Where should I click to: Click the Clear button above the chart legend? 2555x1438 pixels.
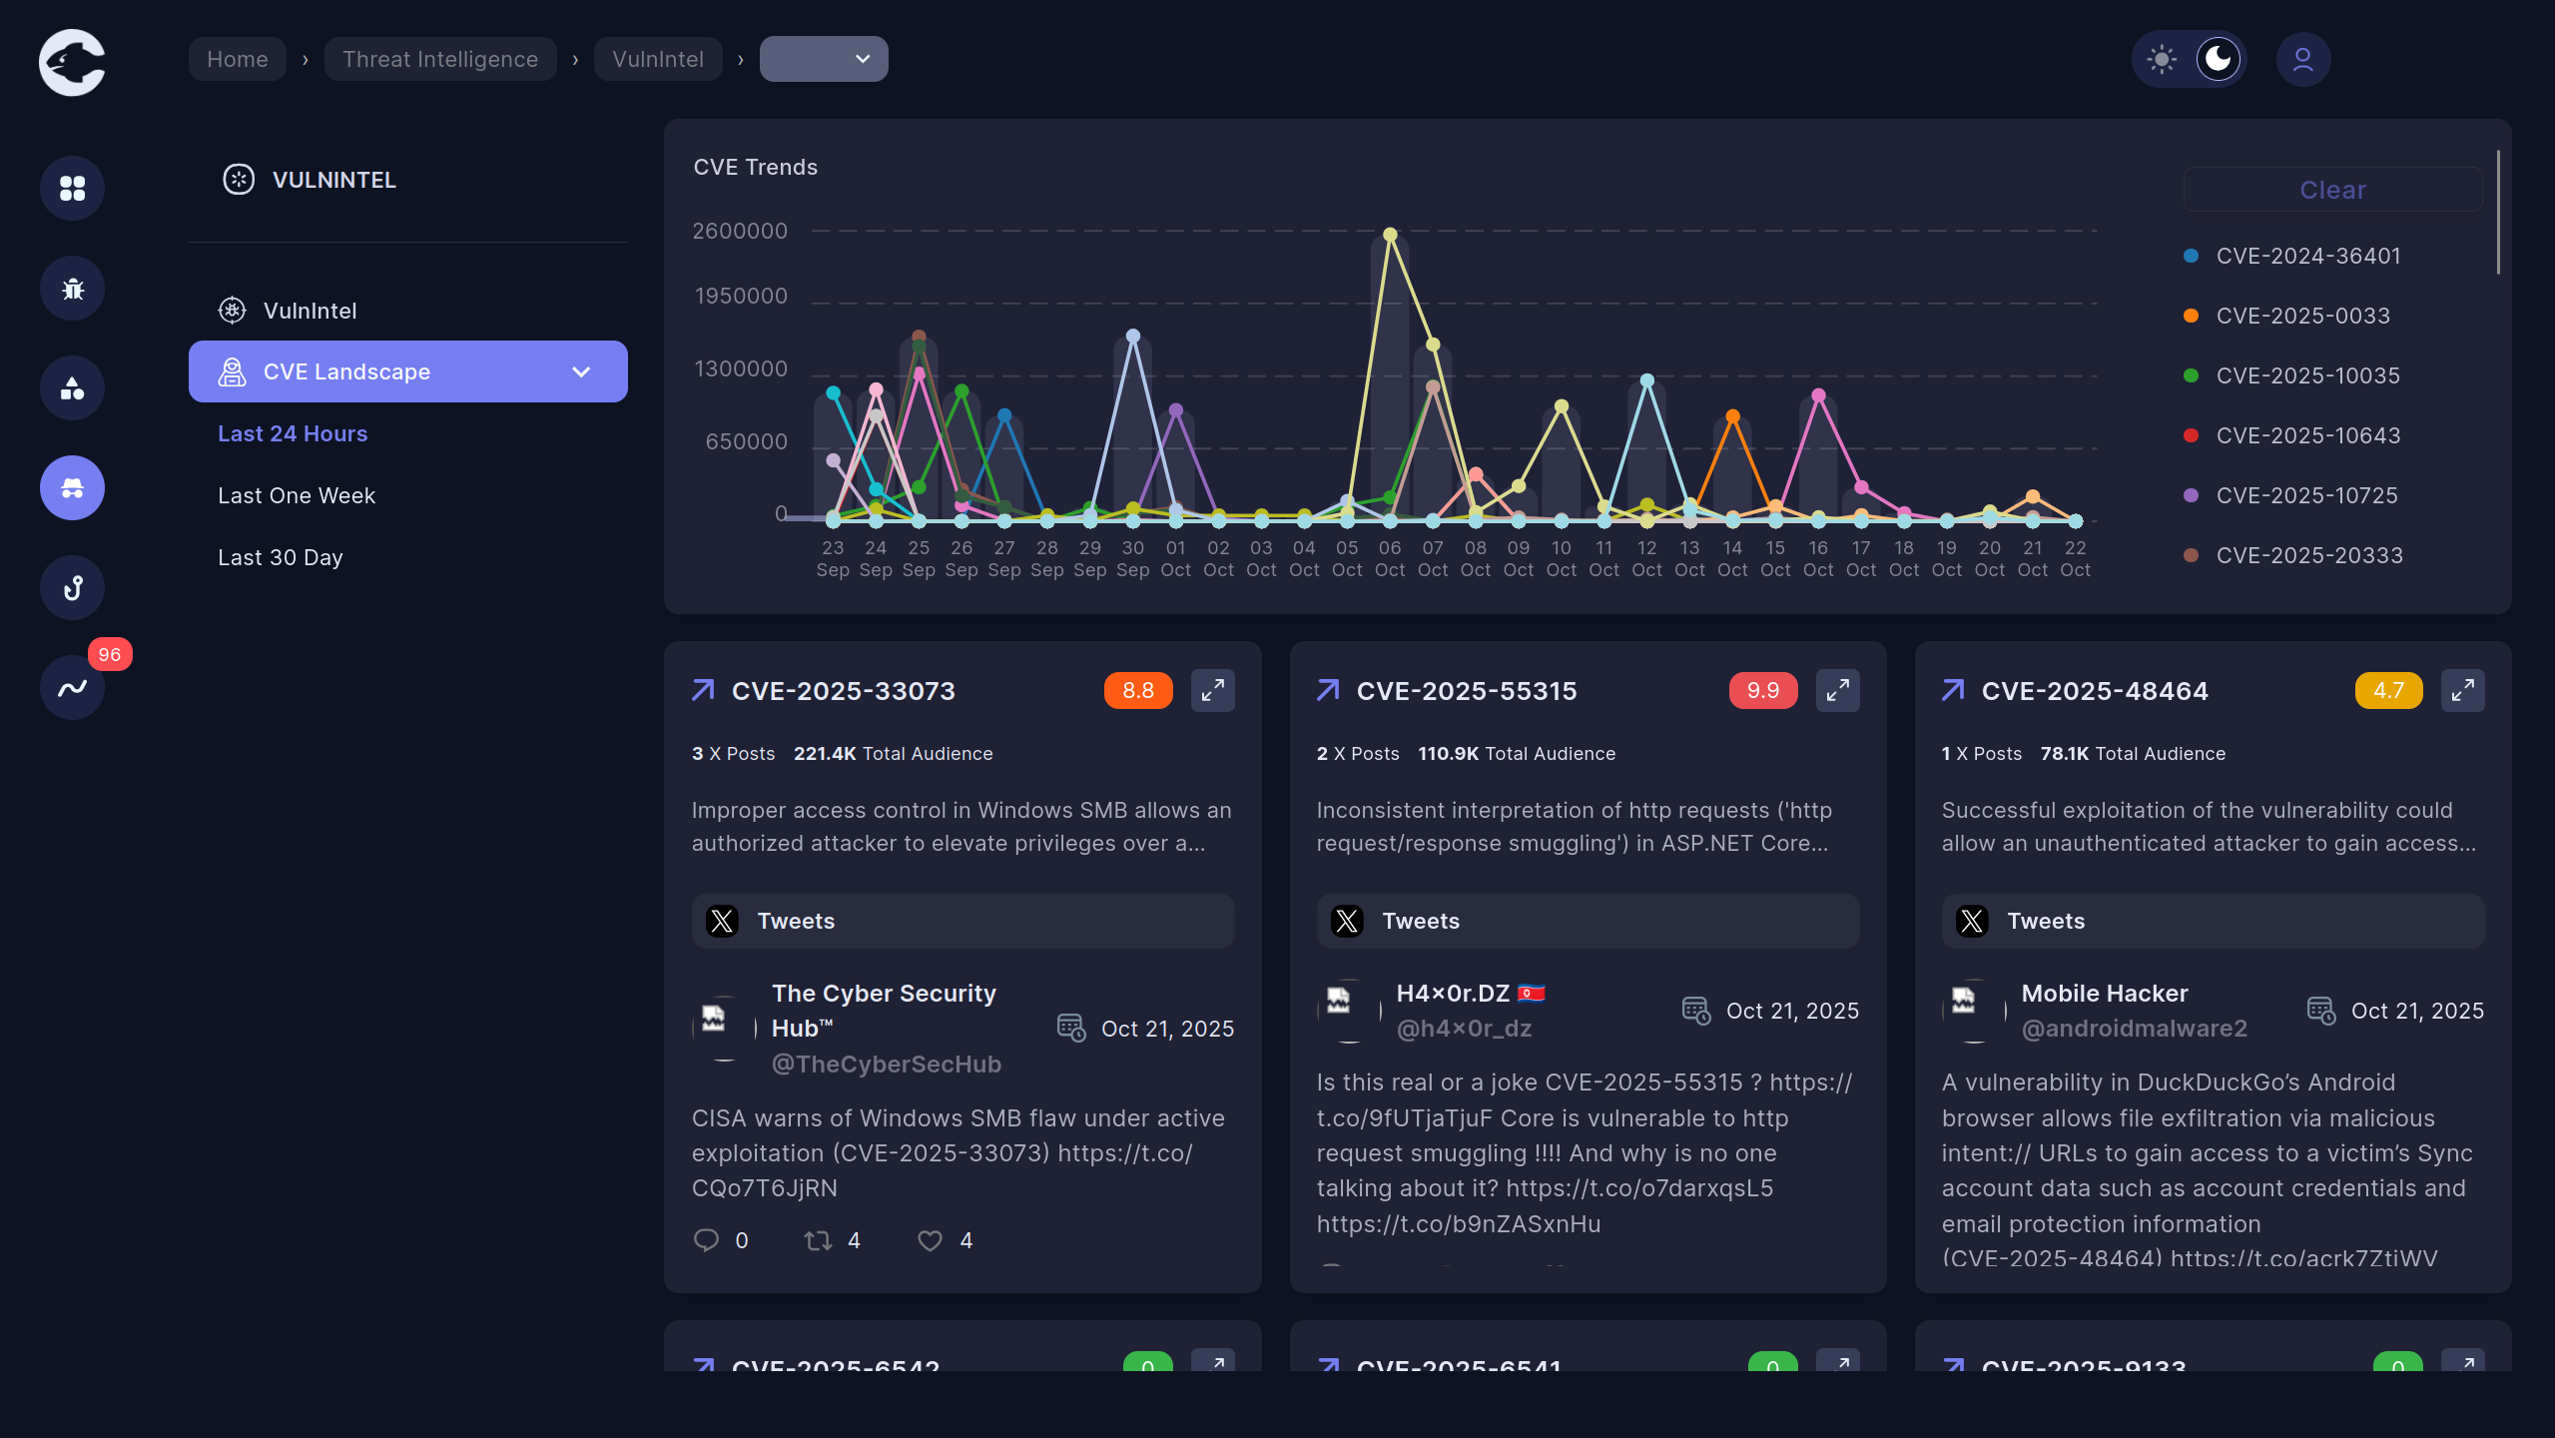click(x=2331, y=190)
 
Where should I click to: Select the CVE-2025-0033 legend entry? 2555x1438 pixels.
click(x=2302, y=316)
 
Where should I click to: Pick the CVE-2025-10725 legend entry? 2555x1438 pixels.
click(x=2306, y=495)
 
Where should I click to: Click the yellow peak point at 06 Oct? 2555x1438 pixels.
click(x=1390, y=235)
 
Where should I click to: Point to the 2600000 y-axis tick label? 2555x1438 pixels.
click(x=740, y=231)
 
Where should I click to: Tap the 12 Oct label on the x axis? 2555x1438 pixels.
click(x=1646, y=558)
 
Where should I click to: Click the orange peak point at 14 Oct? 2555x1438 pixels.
click(x=1732, y=416)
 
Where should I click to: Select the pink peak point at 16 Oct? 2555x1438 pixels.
click(x=1818, y=395)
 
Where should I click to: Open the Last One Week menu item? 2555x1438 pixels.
click(x=297, y=495)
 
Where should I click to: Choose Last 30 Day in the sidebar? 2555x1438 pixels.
click(x=281, y=557)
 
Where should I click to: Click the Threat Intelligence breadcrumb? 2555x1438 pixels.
click(x=440, y=59)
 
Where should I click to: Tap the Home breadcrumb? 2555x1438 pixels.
click(x=238, y=59)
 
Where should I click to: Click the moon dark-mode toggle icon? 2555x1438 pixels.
click(x=2218, y=59)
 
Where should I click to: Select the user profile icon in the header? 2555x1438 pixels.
click(x=2302, y=59)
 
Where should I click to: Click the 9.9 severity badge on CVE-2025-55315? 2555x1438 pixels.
click(x=1762, y=690)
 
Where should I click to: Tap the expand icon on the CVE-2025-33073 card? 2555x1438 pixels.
click(x=1212, y=690)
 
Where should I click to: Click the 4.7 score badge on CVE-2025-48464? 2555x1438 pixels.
click(x=2387, y=690)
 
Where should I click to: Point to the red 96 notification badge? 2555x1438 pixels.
click(x=110, y=654)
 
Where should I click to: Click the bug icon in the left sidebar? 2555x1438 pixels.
click(x=72, y=289)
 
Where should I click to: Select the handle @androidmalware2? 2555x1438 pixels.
click(x=2134, y=1029)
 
